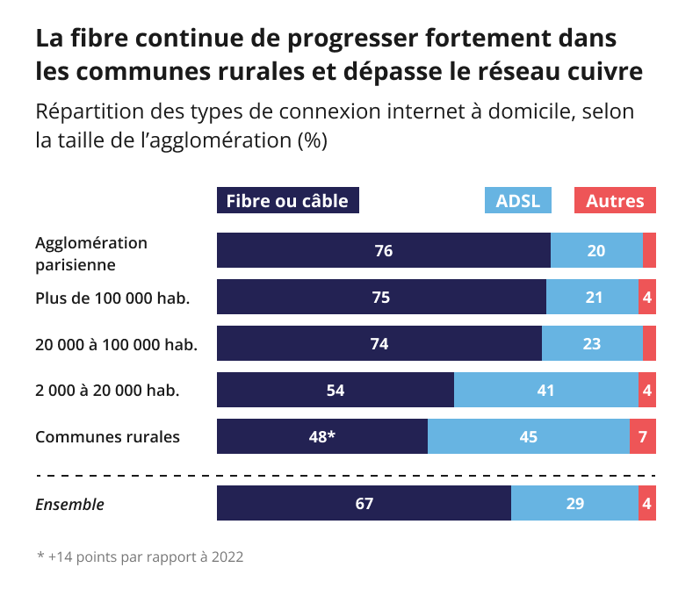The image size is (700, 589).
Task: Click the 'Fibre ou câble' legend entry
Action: coord(287,201)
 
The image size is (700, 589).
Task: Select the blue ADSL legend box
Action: coord(517,201)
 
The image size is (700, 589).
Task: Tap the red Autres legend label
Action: coord(615,201)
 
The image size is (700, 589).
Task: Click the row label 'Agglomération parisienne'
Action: coord(91,252)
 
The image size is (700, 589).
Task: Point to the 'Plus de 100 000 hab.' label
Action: coord(112,298)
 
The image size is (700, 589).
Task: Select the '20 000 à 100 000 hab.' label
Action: coord(116,344)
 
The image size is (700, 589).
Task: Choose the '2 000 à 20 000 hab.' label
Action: coord(107,390)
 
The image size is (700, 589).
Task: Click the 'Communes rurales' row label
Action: coord(107,436)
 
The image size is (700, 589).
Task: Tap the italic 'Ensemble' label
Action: coord(69,504)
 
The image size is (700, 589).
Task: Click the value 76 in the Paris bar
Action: coord(383,251)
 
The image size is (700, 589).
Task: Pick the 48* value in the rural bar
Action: coord(321,436)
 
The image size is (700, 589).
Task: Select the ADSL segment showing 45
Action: coord(528,436)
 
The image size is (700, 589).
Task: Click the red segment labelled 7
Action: coord(643,436)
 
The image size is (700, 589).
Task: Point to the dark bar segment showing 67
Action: coord(364,504)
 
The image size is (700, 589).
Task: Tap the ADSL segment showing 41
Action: coord(545,390)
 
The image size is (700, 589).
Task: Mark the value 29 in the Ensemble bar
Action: coord(575,504)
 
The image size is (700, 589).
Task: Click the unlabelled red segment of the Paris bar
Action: coord(649,251)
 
